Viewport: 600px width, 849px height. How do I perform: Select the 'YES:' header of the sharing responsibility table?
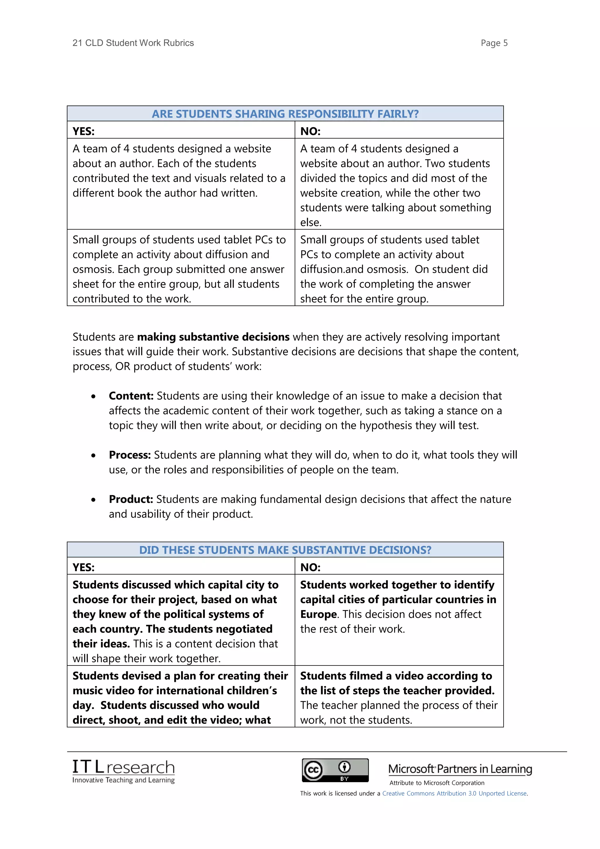coord(83,131)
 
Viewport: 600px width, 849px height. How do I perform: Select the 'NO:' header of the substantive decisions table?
coord(310,567)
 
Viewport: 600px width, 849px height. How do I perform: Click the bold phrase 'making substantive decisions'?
coord(213,337)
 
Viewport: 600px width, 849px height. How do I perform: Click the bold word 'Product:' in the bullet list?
coord(131,499)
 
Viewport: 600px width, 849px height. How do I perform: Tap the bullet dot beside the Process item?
coord(93,456)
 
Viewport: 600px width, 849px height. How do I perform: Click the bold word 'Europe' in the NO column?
coord(318,614)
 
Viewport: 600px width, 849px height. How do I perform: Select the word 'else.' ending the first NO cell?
coord(311,223)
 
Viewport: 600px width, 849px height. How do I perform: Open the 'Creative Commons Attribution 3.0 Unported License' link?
coord(454,794)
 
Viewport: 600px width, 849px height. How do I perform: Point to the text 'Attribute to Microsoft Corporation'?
coord(437,783)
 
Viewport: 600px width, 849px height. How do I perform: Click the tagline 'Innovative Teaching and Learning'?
coord(123,780)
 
